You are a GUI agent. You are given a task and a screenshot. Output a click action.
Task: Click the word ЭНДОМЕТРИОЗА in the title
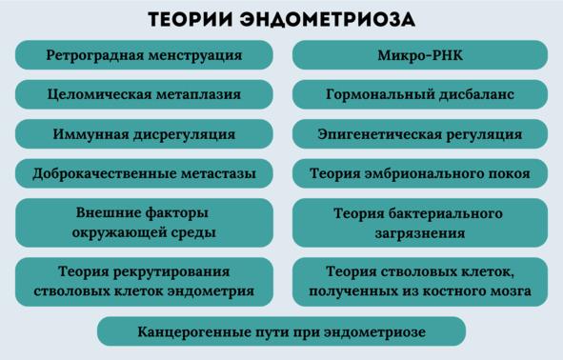(x=328, y=20)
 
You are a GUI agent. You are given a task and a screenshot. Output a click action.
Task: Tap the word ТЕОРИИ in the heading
(x=191, y=20)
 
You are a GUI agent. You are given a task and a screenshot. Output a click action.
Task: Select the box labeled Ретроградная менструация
(x=144, y=55)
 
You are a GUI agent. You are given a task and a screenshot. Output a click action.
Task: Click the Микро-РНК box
(x=420, y=55)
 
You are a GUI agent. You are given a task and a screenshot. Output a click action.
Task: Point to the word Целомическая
(x=99, y=94)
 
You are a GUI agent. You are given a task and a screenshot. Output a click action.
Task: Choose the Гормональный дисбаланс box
(x=420, y=94)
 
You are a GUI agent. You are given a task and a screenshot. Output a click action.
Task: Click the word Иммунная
(x=90, y=134)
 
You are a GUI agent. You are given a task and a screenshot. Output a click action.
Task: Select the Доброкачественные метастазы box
(x=144, y=173)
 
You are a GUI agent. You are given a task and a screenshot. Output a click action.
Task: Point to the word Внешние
(x=107, y=212)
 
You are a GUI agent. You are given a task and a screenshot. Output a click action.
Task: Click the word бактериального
(x=445, y=213)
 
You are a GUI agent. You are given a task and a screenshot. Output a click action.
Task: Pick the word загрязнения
(x=420, y=233)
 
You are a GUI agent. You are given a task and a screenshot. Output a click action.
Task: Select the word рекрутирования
(x=171, y=271)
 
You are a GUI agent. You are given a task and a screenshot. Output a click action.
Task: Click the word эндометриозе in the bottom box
(x=375, y=332)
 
